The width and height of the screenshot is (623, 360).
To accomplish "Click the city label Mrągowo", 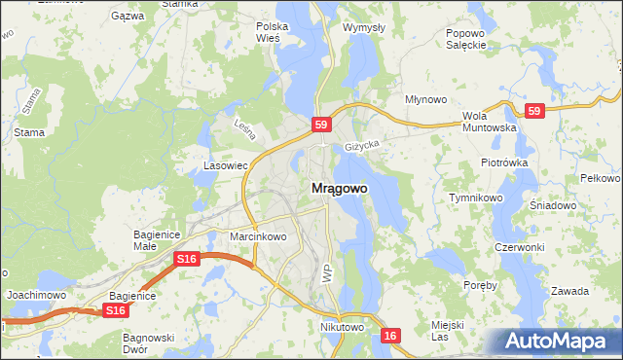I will (x=339, y=189).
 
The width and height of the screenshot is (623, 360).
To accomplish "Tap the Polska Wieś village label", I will (x=268, y=32).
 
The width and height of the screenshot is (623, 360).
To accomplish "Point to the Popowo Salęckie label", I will (x=465, y=39).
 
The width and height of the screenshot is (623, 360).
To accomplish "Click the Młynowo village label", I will (x=425, y=99).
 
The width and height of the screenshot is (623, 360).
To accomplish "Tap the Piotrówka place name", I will (x=503, y=162).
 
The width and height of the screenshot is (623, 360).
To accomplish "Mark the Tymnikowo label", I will (x=475, y=198).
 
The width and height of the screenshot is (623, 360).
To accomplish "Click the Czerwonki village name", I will (x=519, y=247).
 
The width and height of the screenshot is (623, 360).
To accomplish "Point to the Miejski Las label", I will (x=447, y=330).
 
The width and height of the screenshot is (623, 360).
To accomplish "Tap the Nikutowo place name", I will (x=342, y=328).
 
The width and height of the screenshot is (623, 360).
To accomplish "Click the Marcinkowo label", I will (x=257, y=236).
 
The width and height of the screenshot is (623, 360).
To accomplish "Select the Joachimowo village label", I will (x=36, y=294).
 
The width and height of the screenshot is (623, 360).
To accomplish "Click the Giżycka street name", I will (x=361, y=146).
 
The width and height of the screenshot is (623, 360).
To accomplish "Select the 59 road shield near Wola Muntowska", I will (x=533, y=112).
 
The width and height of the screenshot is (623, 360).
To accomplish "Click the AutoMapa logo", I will (x=555, y=341).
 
